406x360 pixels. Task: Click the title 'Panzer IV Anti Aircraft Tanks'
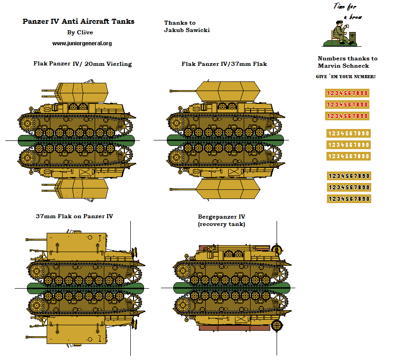[78, 21]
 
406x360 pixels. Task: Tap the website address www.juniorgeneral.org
[82, 43]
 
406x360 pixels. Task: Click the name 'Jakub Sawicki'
[187, 30]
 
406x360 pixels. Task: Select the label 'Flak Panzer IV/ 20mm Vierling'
[82, 64]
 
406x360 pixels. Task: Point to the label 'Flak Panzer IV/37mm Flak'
[224, 64]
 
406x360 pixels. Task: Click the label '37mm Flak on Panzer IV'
[74, 216]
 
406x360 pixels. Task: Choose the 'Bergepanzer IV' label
[221, 216]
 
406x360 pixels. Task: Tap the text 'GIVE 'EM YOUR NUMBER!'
[346, 76]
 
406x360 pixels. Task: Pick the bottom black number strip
[348, 199]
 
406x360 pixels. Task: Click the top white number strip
[348, 134]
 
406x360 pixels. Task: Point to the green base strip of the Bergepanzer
[232, 288]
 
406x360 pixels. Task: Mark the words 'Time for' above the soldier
[345, 7]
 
